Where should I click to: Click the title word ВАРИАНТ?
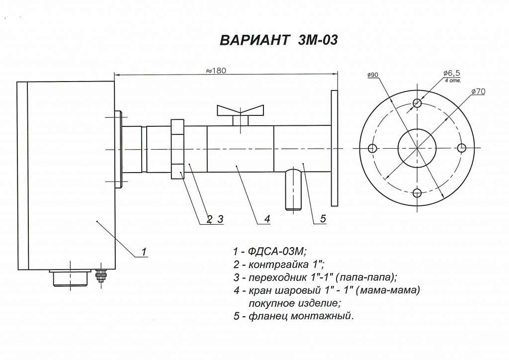[254, 40]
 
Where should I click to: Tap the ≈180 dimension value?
[216, 71]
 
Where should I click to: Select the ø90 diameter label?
[373, 75]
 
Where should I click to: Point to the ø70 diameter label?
[478, 91]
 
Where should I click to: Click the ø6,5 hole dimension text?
[452, 73]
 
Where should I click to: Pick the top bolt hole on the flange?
[417, 103]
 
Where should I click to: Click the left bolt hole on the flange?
[372, 148]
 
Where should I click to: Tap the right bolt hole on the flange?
[462, 148]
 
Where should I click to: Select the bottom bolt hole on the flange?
[417, 193]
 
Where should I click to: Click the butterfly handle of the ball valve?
[241, 111]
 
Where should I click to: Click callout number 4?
[267, 219]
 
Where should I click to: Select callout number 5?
[323, 218]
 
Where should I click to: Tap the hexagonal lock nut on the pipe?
[177, 149]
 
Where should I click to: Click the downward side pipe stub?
[294, 189]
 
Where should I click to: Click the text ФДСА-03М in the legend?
[276, 251]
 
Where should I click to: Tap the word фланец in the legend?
[268, 316]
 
